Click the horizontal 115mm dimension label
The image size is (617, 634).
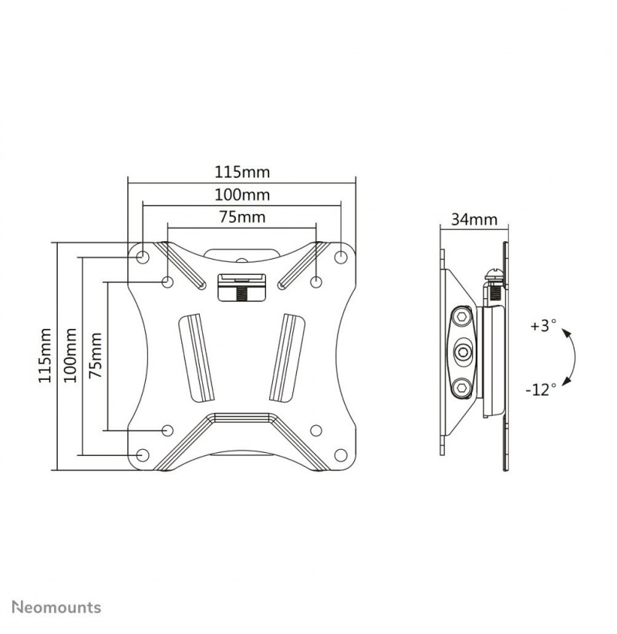click(x=241, y=173)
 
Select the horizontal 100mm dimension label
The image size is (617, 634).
click(x=241, y=195)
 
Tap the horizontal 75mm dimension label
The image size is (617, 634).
click(x=242, y=217)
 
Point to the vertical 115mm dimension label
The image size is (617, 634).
click(x=45, y=355)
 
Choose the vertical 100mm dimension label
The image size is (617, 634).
click(x=70, y=355)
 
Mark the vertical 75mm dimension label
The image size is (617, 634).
click(x=95, y=355)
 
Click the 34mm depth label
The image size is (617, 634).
click(x=474, y=220)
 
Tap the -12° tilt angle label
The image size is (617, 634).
click(x=541, y=390)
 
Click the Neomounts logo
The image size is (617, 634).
click(x=56, y=607)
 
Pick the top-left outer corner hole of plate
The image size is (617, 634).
click(x=143, y=256)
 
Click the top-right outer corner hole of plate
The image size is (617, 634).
click(x=341, y=256)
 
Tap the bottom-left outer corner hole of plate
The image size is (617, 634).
click(x=143, y=455)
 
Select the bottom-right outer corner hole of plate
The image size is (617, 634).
click(x=341, y=455)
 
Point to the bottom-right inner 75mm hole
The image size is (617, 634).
click(x=315, y=430)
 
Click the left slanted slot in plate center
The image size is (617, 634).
click(x=197, y=357)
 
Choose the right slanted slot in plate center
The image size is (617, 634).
click(x=287, y=357)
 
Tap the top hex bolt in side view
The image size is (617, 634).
click(x=461, y=317)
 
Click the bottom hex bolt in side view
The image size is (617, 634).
click(x=461, y=388)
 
